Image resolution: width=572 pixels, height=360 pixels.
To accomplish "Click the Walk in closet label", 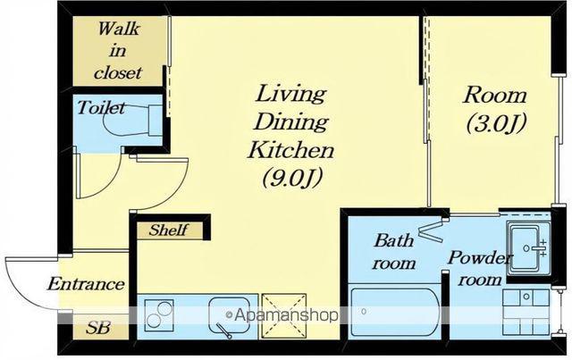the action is pyautogui.click(x=117, y=51).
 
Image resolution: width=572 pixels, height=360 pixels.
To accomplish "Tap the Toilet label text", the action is pyautogui.click(x=101, y=107).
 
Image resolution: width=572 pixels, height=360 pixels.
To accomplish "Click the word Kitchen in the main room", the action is pyautogui.click(x=290, y=149).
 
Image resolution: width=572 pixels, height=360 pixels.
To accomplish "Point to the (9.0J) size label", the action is pyautogui.click(x=292, y=178).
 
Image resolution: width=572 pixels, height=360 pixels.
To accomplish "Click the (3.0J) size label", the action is pyautogui.click(x=497, y=123).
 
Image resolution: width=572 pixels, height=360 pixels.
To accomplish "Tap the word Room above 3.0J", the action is pyautogui.click(x=495, y=96).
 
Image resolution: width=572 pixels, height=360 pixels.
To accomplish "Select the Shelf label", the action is pyautogui.click(x=169, y=230).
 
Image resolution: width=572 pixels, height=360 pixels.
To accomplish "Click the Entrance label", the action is pyautogui.click(x=86, y=284).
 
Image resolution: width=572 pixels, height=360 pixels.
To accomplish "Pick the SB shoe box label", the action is pyautogui.click(x=97, y=328).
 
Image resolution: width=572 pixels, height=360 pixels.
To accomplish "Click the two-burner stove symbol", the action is pyautogui.click(x=159, y=315).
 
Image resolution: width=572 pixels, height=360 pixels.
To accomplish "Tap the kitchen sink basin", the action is pyautogui.click(x=230, y=315).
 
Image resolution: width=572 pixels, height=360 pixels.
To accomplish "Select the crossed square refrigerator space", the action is pyautogui.click(x=284, y=316).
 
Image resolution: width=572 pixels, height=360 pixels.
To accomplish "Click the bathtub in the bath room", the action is pyautogui.click(x=395, y=313).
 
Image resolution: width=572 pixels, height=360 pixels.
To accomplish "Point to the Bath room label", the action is pyautogui.click(x=393, y=252).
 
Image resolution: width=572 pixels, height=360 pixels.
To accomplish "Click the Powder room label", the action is pyautogui.click(x=480, y=268).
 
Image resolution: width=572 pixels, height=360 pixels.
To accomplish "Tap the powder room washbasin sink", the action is pyautogui.click(x=528, y=248).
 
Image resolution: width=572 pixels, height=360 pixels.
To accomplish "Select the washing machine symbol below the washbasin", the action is pyautogui.click(x=526, y=313).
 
